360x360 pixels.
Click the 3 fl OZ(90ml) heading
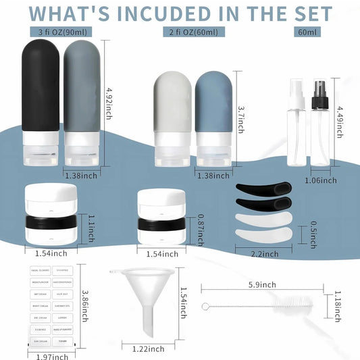[x=62, y=32]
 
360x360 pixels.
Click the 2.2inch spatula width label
[x=263, y=254]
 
